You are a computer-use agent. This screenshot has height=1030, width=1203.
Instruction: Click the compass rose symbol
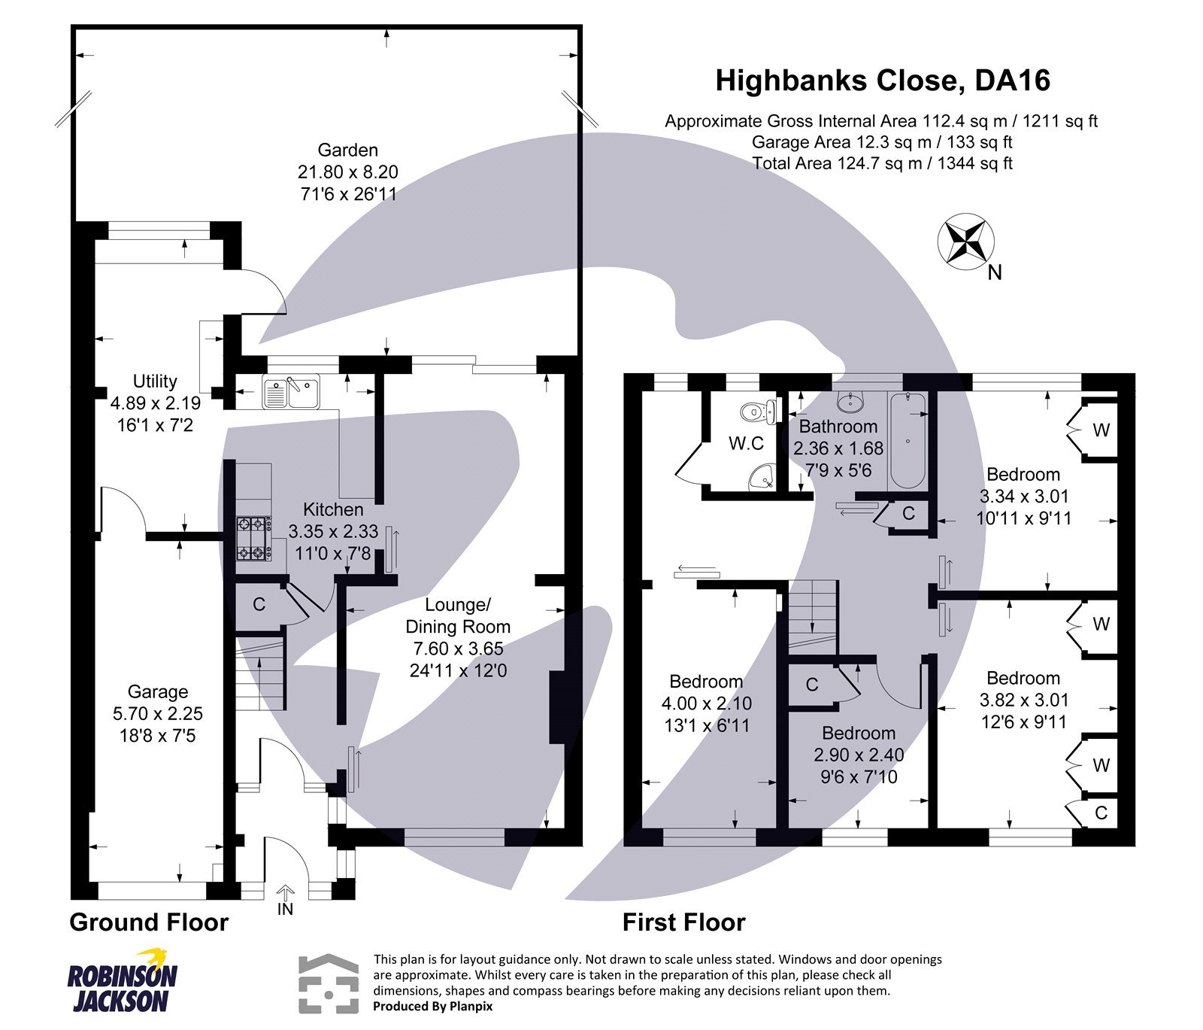[x=965, y=241]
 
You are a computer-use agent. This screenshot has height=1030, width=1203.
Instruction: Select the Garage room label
[x=157, y=691]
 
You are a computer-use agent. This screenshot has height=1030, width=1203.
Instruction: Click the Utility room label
[x=155, y=381]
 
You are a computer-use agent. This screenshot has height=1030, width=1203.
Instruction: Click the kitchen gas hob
[x=253, y=539]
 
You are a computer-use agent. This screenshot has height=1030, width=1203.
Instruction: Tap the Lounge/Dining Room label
[x=457, y=615]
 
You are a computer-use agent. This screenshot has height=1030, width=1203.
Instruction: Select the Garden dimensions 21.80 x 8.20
[x=347, y=172]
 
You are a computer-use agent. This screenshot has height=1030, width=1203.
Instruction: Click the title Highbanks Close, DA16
[x=882, y=81]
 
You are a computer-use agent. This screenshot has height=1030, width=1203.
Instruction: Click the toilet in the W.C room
[x=756, y=412]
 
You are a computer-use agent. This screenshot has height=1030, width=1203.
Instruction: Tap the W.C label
[x=746, y=443]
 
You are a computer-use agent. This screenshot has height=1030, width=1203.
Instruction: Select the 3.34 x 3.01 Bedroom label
[x=1023, y=475]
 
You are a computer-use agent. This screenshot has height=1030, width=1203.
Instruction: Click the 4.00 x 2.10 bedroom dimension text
[x=706, y=703]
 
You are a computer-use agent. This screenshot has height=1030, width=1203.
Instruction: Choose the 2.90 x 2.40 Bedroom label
[x=858, y=733]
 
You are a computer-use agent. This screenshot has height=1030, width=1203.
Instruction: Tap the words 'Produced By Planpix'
[x=432, y=1006]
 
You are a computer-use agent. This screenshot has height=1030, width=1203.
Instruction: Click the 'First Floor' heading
[x=683, y=922]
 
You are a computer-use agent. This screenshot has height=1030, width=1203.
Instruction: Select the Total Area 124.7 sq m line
[x=882, y=163]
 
